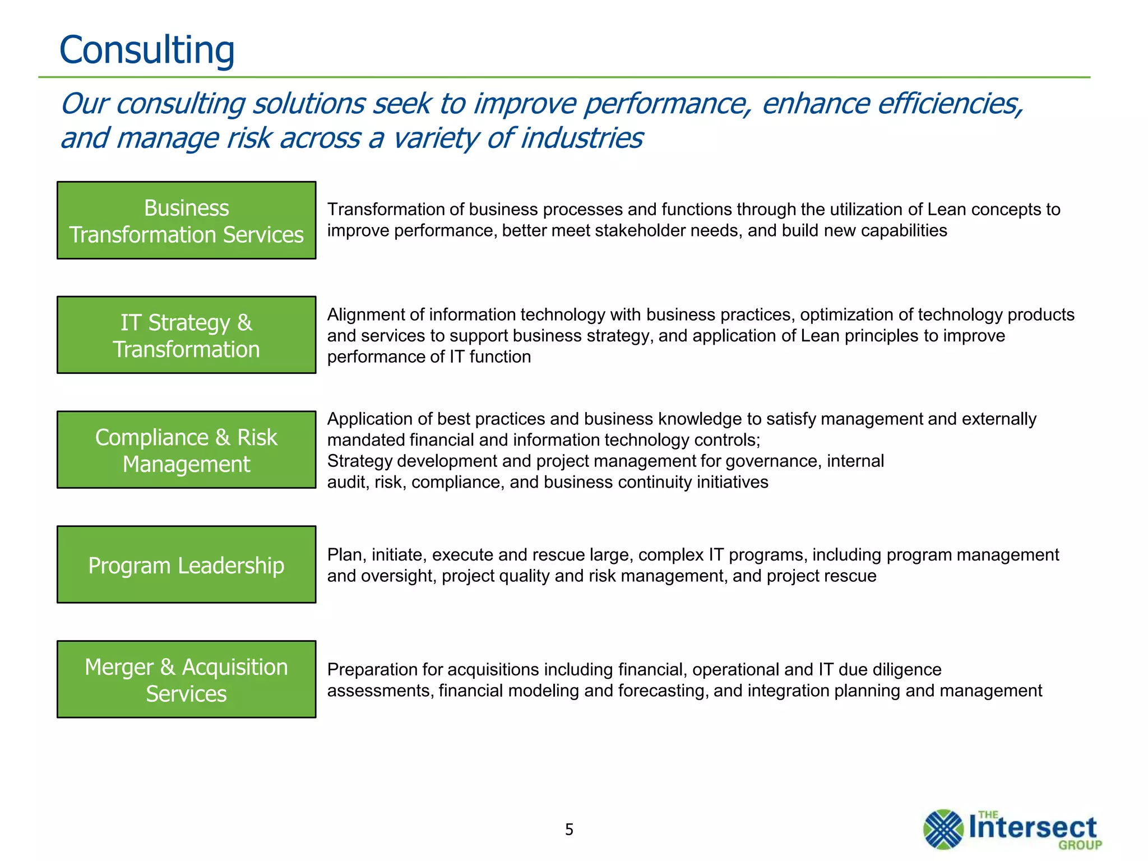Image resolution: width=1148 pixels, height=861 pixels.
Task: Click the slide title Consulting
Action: click(147, 50)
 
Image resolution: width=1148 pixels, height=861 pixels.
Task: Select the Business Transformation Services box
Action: click(186, 220)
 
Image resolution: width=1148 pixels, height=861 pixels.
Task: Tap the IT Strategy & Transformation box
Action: click(186, 335)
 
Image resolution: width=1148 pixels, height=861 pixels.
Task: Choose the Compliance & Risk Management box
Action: click(186, 450)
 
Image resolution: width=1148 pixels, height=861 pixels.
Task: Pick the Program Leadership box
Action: click(186, 565)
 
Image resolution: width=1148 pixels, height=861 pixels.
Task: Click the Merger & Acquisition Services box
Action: click(186, 679)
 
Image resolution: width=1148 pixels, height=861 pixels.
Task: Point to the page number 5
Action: click(569, 830)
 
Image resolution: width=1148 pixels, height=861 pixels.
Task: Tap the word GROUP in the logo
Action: click(1080, 845)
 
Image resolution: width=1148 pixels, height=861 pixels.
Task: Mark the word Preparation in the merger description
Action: click(372, 670)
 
